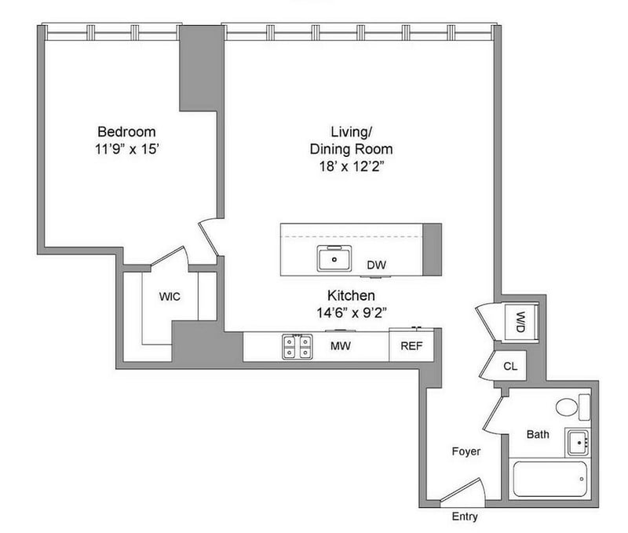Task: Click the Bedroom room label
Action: coord(126,132)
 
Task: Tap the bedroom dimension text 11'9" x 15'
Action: coord(127,149)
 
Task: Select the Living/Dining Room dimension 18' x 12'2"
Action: coord(352,166)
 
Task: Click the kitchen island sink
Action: coord(334,258)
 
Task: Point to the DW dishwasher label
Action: coord(377,265)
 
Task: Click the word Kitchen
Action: coord(351,295)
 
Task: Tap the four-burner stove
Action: coord(297,346)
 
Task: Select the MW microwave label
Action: coord(341,346)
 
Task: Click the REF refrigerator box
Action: coord(411,345)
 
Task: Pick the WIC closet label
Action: coord(170,297)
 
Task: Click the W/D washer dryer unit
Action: coord(520,323)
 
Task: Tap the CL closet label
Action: coord(510,366)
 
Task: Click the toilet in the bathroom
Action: coord(573,407)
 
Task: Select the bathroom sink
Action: coord(578,443)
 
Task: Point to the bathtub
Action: coord(549,479)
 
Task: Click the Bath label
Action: coord(538,435)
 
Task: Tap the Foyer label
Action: coord(466,451)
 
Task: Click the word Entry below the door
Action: coord(465,517)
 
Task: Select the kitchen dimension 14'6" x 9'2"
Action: coord(352,312)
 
